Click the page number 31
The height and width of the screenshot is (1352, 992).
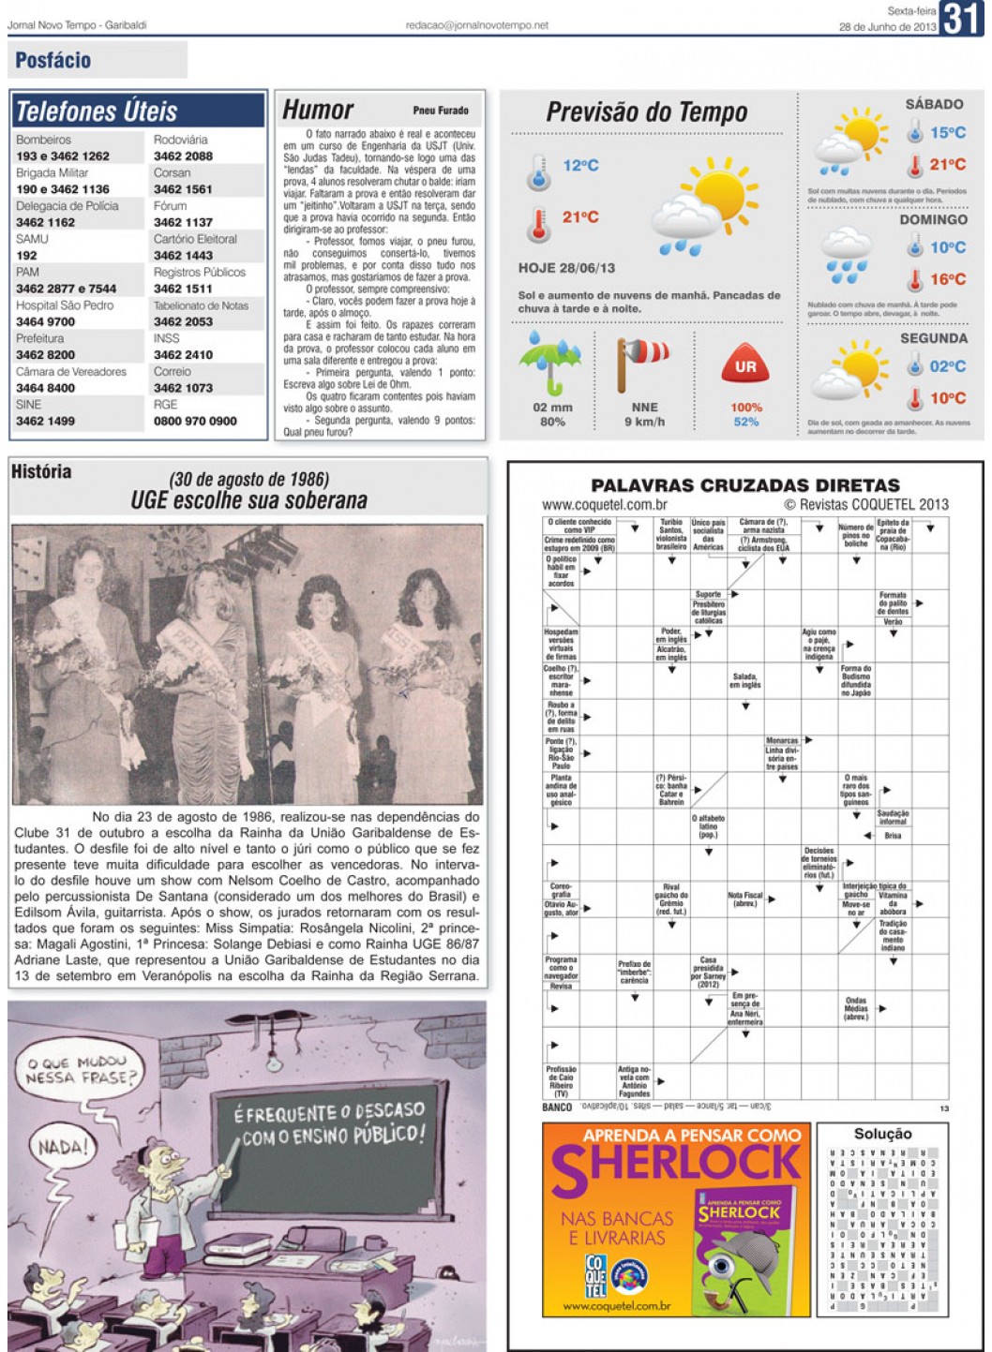tap(963, 18)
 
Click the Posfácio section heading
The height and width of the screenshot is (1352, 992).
tap(53, 61)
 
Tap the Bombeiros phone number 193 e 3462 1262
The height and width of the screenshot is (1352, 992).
tap(63, 156)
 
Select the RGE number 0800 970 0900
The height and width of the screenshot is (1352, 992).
tap(195, 422)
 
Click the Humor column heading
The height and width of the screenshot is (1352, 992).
tap(318, 111)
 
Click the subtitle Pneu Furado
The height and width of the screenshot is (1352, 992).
tap(440, 111)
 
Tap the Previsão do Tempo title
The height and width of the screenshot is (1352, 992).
tap(647, 112)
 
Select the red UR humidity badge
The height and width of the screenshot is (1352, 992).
tap(745, 366)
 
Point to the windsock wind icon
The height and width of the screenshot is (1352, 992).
tap(642, 361)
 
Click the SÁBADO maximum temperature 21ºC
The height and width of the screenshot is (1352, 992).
tap(947, 165)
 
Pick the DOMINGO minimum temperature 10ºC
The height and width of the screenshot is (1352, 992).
tap(947, 247)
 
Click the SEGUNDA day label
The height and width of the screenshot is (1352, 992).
tap(933, 338)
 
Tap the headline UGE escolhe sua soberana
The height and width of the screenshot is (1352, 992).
tap(249, 500)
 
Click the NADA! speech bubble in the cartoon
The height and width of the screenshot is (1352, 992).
tap(63, 1145)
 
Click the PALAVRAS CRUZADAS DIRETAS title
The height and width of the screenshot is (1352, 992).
tap(744, 485)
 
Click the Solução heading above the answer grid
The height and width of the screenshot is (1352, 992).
tap(882, 1134)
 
